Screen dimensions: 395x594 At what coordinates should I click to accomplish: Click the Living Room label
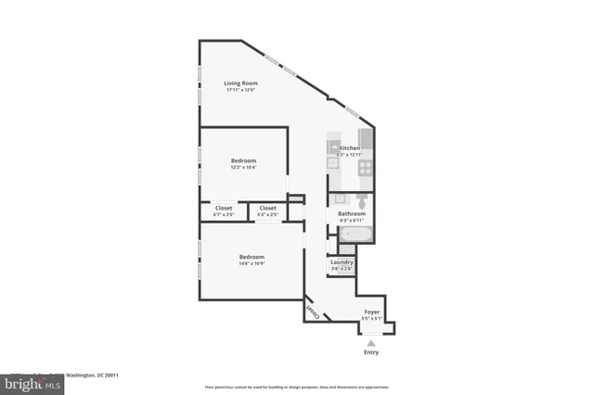coord(240,83)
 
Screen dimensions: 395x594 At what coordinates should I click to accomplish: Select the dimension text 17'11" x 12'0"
coord(240,90)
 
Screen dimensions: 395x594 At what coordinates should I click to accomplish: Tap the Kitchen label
coord(350,148)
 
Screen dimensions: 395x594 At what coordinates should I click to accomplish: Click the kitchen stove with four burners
coord(366,168)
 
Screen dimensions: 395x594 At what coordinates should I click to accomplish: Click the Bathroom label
coord(352,214)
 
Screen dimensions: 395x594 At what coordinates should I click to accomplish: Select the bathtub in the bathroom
coord(354,236)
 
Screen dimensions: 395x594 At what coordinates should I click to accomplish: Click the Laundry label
coord(342,262)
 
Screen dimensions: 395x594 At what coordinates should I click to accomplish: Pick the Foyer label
coord(370,312)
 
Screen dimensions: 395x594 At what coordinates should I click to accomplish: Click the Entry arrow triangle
coord(370,342)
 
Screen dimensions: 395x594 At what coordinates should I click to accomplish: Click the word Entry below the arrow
coord(370,352)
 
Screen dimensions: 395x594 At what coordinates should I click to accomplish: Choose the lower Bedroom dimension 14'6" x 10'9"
coord(252,263)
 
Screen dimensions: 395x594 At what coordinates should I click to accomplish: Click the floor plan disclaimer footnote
coord(296,387)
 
